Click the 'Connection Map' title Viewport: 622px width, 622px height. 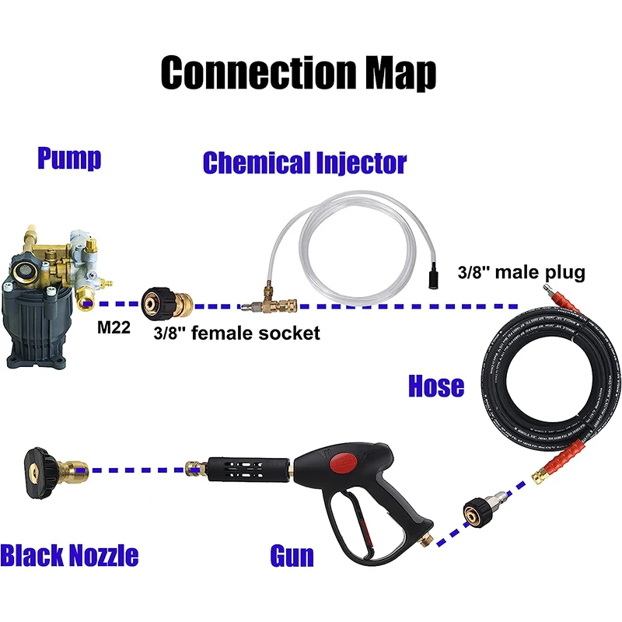pyautogui.click(x=299, y=72)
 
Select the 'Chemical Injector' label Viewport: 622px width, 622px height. pyautogui.click(x=304, y=163)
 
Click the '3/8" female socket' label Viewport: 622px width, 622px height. pyautogui.click(x=236, y=333)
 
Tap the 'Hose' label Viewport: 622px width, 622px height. pyautogui.click(x=436, y=386)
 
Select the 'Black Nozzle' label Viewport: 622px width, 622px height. pyautogui.click(x=69, y=555)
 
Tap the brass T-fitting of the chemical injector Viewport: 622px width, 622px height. pyautogui.click(x=260, y=306)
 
